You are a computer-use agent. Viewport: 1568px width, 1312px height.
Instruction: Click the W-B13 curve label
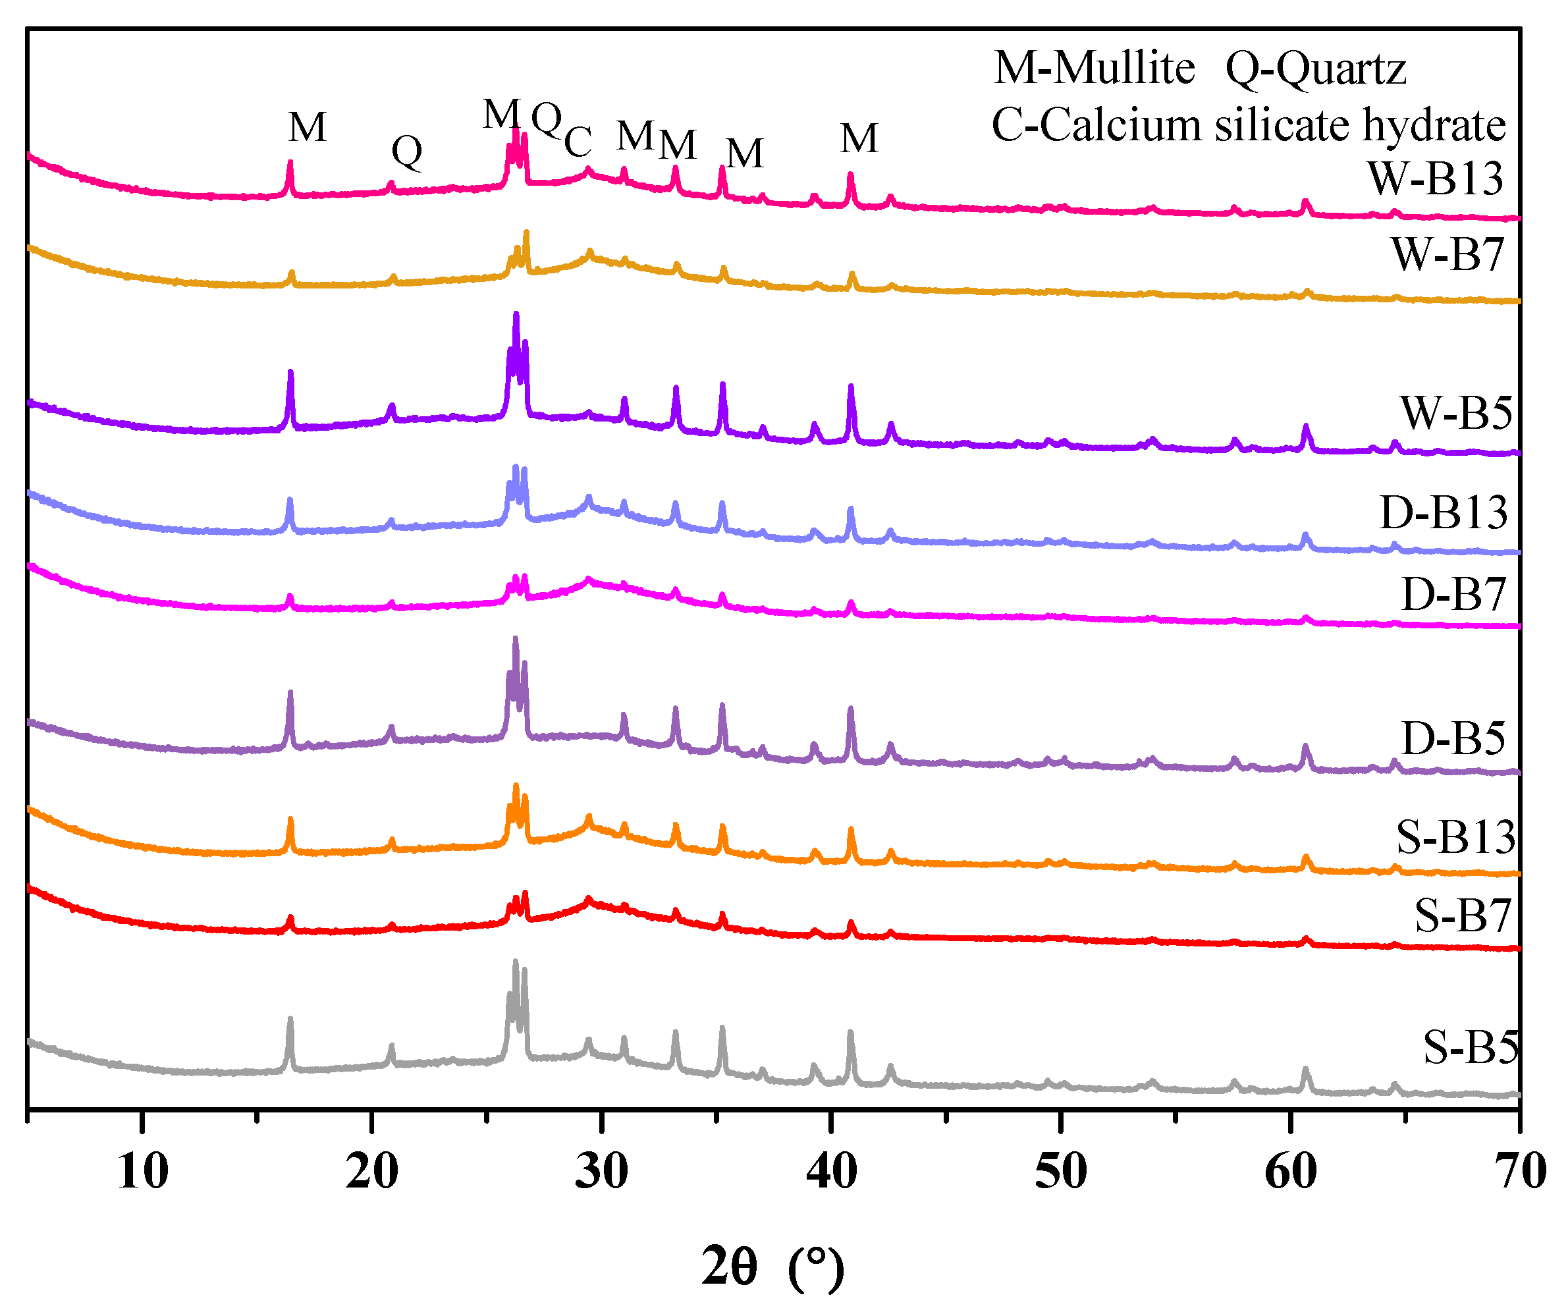coord(1434,178)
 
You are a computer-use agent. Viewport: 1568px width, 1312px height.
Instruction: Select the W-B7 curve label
coord(1447,255)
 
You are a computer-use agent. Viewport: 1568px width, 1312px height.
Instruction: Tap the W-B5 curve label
coord(1456,413)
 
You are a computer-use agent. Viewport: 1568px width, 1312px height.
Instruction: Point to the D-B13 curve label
coord(1444,513)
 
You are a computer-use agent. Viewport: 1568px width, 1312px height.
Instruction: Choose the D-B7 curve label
coord(1453,595)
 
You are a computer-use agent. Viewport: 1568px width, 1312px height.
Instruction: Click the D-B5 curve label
coord(1453,739)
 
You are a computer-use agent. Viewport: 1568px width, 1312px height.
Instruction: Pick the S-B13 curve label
coord(1456,837)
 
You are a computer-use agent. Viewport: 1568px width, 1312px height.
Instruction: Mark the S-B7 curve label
coord(1463,916)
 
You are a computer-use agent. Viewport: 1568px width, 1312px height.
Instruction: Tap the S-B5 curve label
coord(1470,1048)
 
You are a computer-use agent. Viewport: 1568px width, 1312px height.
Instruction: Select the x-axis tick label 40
coord(831,1172)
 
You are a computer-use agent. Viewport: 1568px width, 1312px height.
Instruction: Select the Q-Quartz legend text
coord(1316,68)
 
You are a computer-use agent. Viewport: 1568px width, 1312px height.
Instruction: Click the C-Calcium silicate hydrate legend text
coord(1249,124)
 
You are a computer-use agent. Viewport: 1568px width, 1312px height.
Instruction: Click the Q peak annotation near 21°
coord(407,151)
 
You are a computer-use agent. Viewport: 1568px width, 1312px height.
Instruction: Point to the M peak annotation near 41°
coord(859,139)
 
